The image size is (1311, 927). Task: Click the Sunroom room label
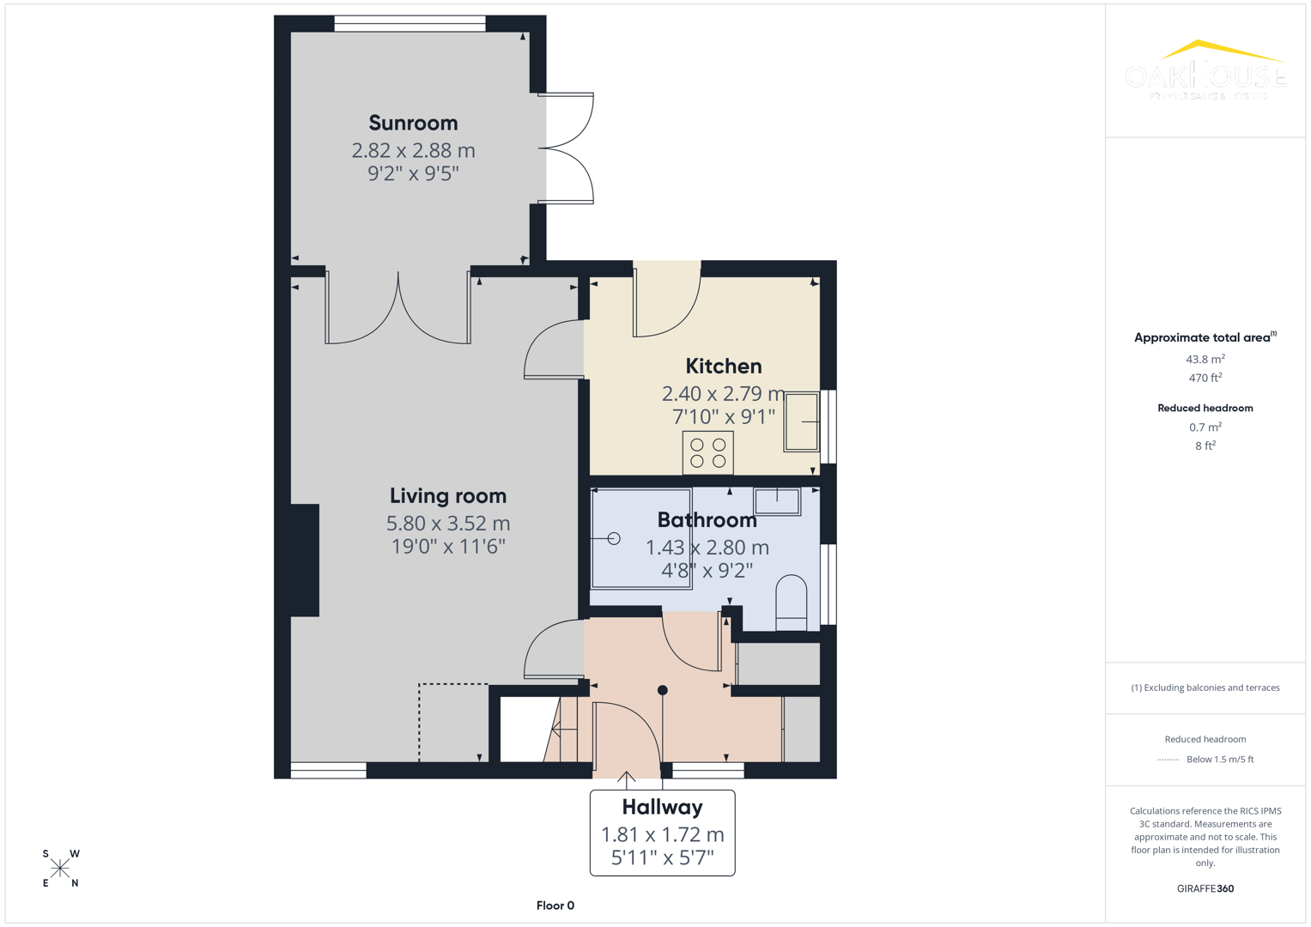coord(413,123)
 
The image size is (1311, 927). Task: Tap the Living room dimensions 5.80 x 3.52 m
coord(447,523)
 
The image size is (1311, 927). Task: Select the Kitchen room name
coord(723,367)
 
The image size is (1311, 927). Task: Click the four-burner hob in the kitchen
coord(707,452)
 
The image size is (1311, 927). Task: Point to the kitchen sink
coord(801,421)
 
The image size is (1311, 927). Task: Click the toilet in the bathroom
coord(791,603)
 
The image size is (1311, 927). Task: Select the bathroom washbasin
coord(777,500)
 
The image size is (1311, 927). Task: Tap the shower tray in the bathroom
coord(641,538)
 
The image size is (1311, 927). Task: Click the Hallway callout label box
coord(662,833)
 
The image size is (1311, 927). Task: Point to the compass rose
coord(60,868)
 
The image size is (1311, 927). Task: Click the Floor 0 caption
coord(555,906)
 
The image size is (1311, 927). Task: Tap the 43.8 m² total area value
coord(1205,360)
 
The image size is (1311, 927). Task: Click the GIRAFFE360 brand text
coord(1205,888)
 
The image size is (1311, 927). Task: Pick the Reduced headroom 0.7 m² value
coord(1205,427)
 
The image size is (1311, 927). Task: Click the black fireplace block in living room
coord(305,560)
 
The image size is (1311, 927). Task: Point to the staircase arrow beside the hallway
coord(562,730)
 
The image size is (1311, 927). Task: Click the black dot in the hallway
coord(662,690)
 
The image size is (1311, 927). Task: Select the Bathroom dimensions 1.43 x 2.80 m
coord(707,548)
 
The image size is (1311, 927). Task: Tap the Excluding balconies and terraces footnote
coord(1205,688)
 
